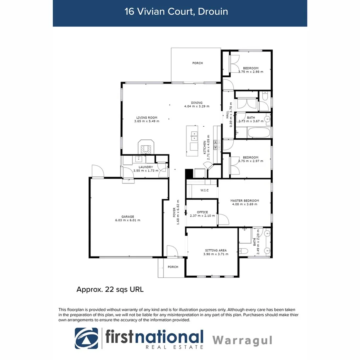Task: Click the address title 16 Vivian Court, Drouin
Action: pyautogui.click(x=176, y=11)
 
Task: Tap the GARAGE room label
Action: pyautogui.click(x=127, y=216)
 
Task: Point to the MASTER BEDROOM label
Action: pyautogui.click(x=245, y=200)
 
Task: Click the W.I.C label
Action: pyautogui.click(x=204, y=190)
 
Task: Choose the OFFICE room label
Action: pyautogui.click(x=202, y=212)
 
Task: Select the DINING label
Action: pyautogui.click(x=197, y=103)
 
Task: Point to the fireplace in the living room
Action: pyautogui.click(x=146, y=147)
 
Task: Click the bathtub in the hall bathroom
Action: pyautogui.click(x=259, y=133)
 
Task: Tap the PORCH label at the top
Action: pyautogui.click(x=197, y=63)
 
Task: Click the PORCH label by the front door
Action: pyautogui.click(x=173, y=267)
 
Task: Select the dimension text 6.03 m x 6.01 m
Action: pyautogui.click(x=127, y=220)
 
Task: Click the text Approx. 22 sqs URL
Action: pyautogui.click(x=110, y=289)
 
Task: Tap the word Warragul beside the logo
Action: pyautogui.click(x=243, y=340)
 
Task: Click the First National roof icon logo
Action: pyautogui.click(x=87, y=338)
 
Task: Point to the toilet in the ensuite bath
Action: pyautogui.click(x=244, y=251)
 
